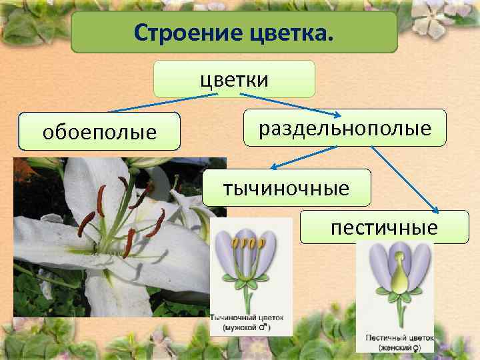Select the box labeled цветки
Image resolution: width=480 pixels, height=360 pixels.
coord(234,79)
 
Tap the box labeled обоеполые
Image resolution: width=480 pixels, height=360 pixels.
coord(99,131)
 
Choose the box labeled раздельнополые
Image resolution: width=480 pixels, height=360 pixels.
coord(345,127)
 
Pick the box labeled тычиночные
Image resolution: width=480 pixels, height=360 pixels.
coord(287,187)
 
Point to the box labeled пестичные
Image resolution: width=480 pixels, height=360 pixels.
coord(385,227)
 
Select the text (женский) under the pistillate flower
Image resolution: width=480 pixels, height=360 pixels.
coord(395,349)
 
